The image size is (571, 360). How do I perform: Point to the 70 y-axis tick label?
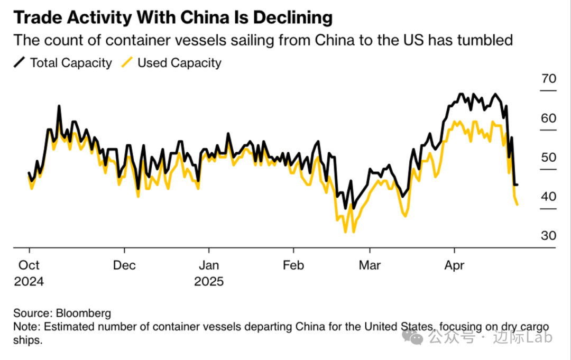pos(549,79)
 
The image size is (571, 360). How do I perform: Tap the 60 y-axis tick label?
pos(549,118)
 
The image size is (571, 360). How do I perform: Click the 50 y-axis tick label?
pos(549,158)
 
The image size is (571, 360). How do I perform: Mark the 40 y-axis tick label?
pos(549,197)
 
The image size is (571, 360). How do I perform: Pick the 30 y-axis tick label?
pos(549,236)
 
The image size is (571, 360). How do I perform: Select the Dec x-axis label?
pos(124,265)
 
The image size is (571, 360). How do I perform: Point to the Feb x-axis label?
pos(293,265)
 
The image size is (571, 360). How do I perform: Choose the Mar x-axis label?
pos(369,265)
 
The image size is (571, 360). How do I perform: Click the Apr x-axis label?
pos(454,265)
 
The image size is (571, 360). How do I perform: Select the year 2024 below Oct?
pos(29,281)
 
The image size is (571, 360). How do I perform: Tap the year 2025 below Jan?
pos(209,281)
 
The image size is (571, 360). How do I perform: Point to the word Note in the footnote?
pos(24,326)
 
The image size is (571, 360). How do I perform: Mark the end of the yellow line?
pos(517,205)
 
